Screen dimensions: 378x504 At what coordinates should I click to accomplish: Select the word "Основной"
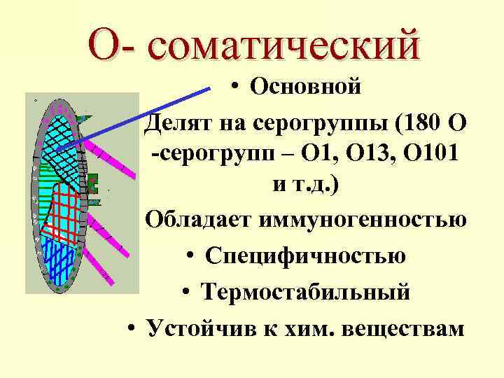[306, 87]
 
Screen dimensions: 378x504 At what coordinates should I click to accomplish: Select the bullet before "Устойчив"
[132, 328]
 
